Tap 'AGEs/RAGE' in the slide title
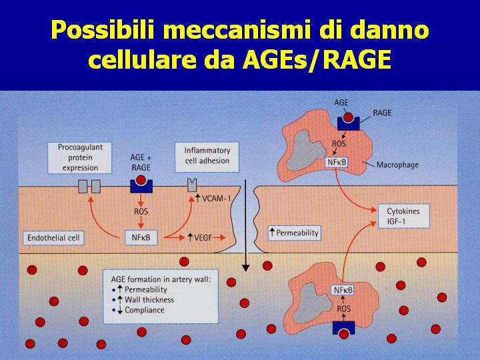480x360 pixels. (317, 59)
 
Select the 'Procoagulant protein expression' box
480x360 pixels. (79, 157)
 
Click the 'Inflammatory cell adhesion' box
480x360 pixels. (207, 157)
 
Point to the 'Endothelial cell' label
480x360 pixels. (53, 238)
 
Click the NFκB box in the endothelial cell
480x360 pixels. (141, 237)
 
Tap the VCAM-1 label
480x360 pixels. (213, 199)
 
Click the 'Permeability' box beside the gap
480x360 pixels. (294, 233)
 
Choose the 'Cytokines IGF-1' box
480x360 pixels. (404, 216)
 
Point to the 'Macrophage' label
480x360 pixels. (397, 165)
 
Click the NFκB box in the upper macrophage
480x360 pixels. (337, 162)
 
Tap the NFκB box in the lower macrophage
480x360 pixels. (343, 290)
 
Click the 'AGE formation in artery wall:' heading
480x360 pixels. (161, 279)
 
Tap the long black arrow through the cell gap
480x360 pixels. (245, 225)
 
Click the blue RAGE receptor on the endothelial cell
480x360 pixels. (141, 187)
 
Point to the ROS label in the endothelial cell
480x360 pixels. (141, 211)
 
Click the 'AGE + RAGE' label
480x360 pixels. (141, 163)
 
